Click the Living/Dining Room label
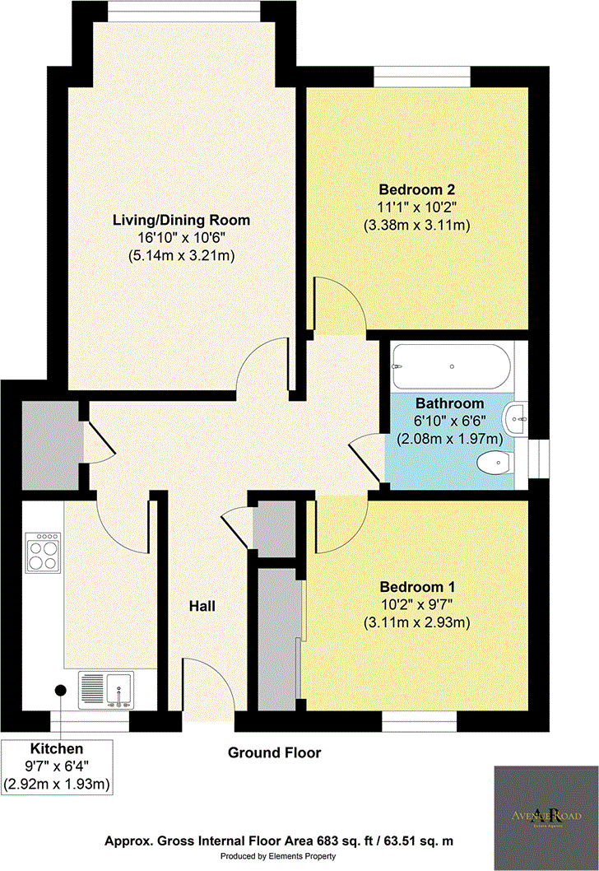181,221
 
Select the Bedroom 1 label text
417,588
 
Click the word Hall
202,606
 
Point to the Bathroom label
448,403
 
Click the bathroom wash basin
519,419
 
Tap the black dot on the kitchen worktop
61,691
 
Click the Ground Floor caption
274,752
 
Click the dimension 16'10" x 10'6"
181,238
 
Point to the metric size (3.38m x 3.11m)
417,224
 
